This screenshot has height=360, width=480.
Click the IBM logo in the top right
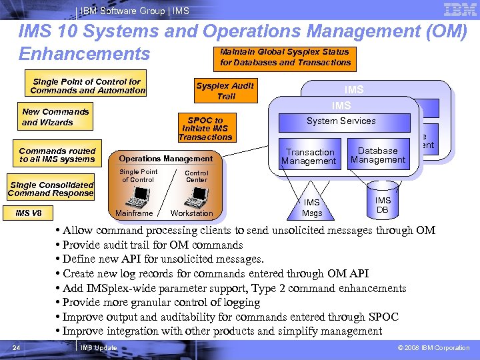click(x=459, y=10)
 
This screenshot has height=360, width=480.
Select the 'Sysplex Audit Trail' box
click(x=225, y=91)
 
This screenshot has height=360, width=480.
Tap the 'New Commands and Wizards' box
click(x=55, y=117)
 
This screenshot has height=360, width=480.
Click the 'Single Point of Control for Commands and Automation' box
click(x=87, y=86)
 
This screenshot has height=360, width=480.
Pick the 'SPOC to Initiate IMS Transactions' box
click(x=205, y=129)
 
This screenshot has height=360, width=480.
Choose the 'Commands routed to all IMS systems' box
click(x=57, y=155)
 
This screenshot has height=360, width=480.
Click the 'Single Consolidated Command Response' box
click(x=51, y=189)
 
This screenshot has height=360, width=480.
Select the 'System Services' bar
click(x=341, y=121)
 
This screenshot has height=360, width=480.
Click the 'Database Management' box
click(x=377, y=155)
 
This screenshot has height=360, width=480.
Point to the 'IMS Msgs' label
click(x=311, y=207)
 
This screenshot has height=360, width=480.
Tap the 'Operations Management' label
click(x=165, y=159)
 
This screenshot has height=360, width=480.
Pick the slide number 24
click(x=17, y=347)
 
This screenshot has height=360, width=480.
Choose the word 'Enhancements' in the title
click(x=85, y=53)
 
